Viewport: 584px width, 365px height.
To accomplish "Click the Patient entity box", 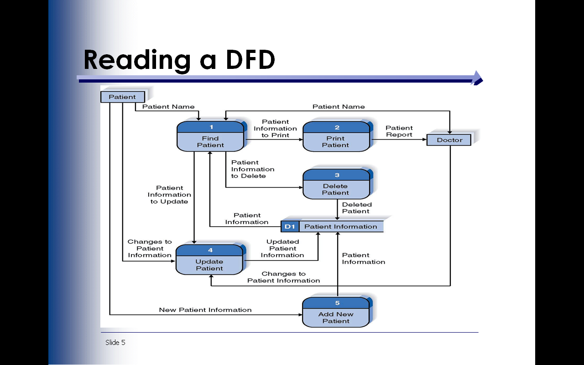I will [x=122, y=97].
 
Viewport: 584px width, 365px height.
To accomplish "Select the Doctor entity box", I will [x=449, y=140].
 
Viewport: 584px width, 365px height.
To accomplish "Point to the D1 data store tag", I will [x=290, y=226].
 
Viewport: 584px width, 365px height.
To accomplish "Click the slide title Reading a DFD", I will [x=179, y=60].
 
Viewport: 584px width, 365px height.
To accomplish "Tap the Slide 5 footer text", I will [x=115, y=343].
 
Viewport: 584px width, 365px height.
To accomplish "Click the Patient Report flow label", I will [x=399, y=131].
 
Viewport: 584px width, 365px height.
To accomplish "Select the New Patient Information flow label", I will [x=205, y=310].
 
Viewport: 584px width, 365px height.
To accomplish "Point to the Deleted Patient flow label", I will [x=357, y=208].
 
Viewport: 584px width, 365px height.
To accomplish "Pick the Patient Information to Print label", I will [x=275, y=129].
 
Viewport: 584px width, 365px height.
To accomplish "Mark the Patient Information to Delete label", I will [x=252, y=169].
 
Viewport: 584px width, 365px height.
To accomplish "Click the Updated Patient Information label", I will [x=282, y=249].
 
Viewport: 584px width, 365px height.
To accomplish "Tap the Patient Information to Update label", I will [x=169, y=195].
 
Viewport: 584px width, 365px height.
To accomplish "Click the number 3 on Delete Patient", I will [x=337, y=175].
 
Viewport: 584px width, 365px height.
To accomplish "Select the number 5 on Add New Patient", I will [x=337, y=303].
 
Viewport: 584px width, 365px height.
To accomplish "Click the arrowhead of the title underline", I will [x=477, y=78].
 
